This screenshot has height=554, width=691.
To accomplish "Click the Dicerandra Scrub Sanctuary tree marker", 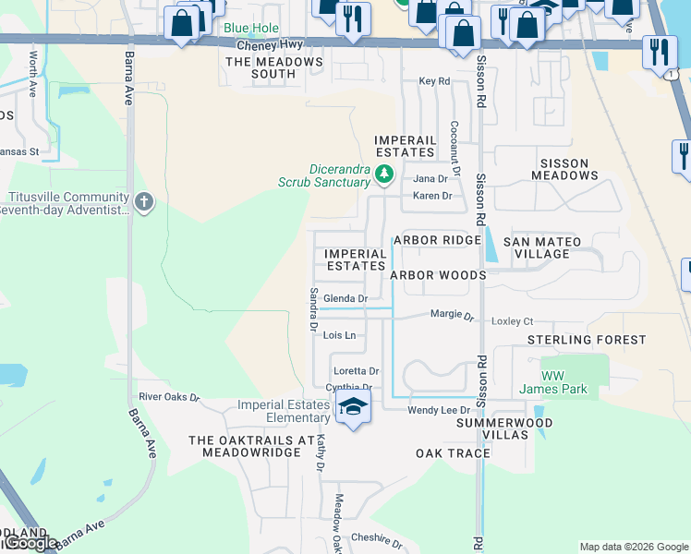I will click(x=385, y=173).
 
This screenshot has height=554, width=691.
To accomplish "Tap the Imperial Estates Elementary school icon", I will click(x=352, y=407).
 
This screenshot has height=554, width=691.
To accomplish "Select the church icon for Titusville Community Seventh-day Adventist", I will click(x=143, y=202).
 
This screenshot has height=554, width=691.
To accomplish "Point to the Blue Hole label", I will click(x=249, y=28).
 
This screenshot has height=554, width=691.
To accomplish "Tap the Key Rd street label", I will click(x=434, y=81).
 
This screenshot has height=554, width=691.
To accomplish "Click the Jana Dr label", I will click(x=430, y=178).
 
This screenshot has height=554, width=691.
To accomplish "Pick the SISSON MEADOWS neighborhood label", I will click(x=564, y=169).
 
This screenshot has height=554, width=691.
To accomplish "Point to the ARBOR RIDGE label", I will click(x=437, y=240).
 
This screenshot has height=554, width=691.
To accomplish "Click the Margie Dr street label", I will click(x=452, y=315).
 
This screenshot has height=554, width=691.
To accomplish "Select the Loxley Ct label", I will click(x=514, y=321).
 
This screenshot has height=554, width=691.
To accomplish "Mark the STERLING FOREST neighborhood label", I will click(x=587, y=340).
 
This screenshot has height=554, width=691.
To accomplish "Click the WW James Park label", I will click(x=564, y=382).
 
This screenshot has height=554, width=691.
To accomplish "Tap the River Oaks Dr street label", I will click(x=169, y=397).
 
